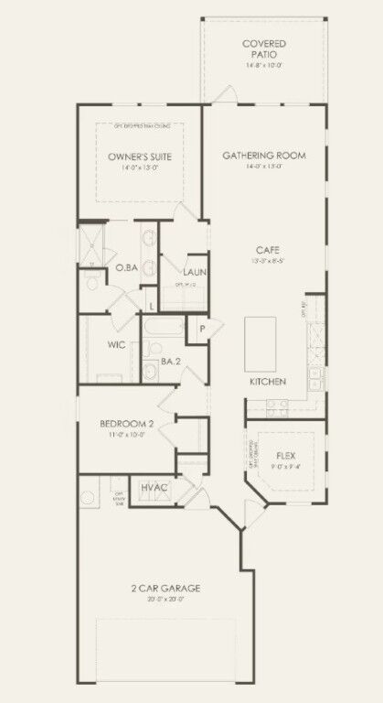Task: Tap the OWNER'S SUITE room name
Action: [x=134, y=157]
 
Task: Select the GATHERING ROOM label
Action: [x=264, y=155]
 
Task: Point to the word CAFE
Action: [x=267, y=249]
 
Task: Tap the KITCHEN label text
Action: [x=269, y=381]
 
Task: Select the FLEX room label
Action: [x=287, y=455]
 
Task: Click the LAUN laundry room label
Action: [x=194, y=273]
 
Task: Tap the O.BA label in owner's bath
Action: [x=125, y=268]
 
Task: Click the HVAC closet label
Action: [x=154, y=488]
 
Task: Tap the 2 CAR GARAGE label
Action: [x=165, y=588]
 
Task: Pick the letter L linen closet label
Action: [x=151, y=304]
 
